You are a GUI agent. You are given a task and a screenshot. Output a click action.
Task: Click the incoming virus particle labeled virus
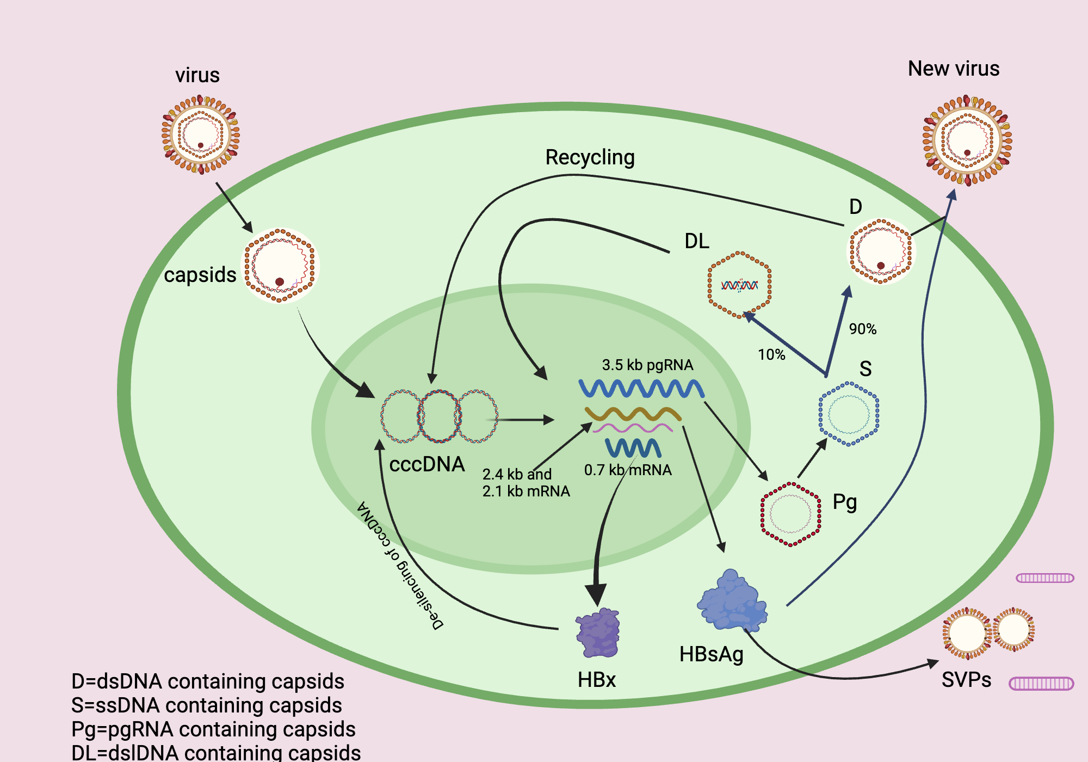click(200, 134)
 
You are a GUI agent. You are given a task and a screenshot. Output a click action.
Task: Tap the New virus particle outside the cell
click(967, 140)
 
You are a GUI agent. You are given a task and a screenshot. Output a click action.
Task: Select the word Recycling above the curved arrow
click(590, 157)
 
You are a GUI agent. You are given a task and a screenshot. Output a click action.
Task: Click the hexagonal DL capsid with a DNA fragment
click(739, 285)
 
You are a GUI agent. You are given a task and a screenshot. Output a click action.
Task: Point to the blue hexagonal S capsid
click(849, 414)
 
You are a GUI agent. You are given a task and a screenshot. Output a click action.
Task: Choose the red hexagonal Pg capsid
click(790, 514)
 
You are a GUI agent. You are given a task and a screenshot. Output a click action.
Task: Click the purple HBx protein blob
click(598, 633)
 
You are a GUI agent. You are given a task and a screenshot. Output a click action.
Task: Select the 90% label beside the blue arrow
click(862, 329)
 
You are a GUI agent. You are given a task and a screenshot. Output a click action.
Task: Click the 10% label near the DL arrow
click(771, 355)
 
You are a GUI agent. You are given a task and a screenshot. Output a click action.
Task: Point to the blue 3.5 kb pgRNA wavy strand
click(641, 389)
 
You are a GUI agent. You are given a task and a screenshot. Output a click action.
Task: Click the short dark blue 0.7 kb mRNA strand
click(633, 448)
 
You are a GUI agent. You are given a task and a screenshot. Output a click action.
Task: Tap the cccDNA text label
click(427, 464)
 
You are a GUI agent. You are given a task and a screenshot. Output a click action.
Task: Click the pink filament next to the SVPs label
click(1041, 684)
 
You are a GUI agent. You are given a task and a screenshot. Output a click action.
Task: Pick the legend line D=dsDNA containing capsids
click(208, 681)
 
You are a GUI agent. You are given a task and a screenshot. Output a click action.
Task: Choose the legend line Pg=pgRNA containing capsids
click(213, 729)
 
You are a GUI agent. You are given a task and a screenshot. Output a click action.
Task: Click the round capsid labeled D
click(881, 251)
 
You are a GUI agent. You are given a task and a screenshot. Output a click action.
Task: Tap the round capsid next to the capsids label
click(280, 266)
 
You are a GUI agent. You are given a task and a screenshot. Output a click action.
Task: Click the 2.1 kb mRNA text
click(526, 491)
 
